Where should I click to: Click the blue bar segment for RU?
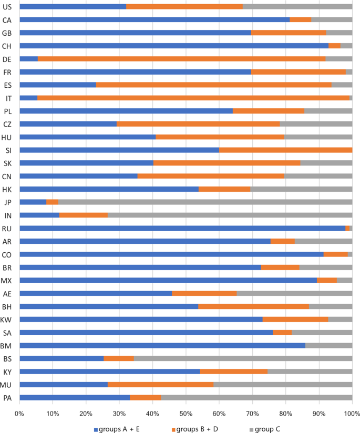(182, 228)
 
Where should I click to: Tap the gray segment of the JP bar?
(205, 202)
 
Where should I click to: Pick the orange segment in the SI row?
(285, 150)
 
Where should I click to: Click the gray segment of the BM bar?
(328, 345)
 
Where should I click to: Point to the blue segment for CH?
(174, 46)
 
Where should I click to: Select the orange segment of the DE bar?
(182, 59)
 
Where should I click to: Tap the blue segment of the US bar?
(73, 6)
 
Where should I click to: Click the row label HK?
(7, 189)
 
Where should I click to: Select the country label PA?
(7, 398)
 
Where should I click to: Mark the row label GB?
(7, 33)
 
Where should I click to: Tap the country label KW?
(7, 319)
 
